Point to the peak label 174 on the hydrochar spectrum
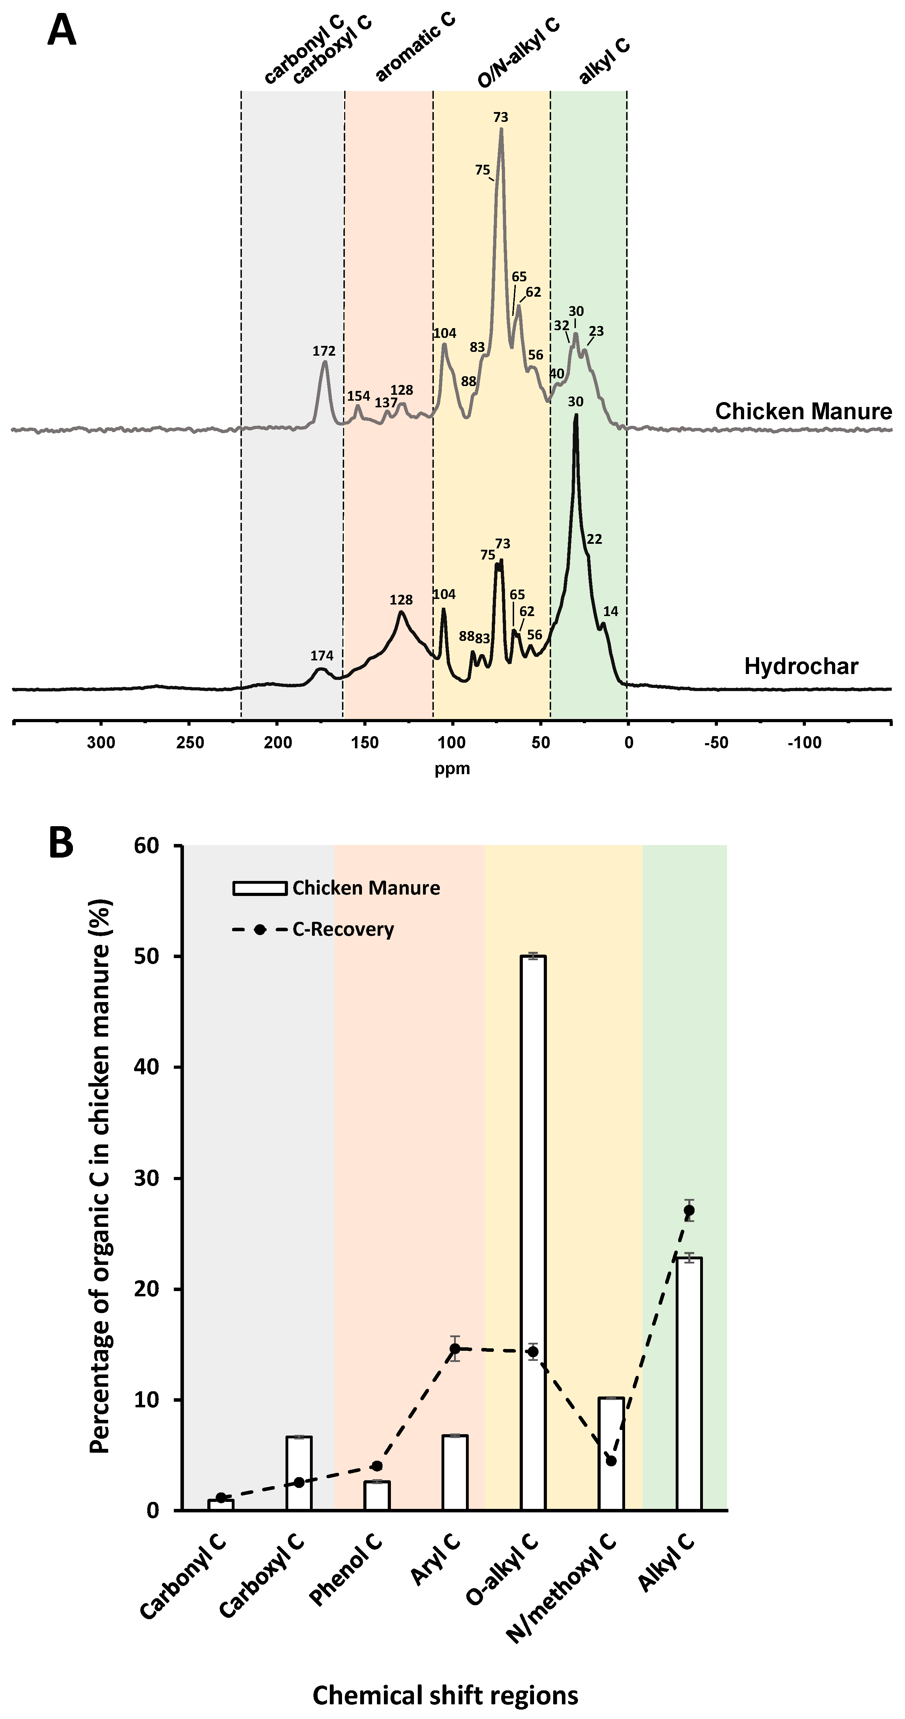(322, 656)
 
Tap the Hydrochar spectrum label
(801, 666)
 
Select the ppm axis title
(452, 769)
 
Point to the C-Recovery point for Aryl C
(454, 1349)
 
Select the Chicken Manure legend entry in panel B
(366, 888)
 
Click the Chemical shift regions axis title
(445, 1695)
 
